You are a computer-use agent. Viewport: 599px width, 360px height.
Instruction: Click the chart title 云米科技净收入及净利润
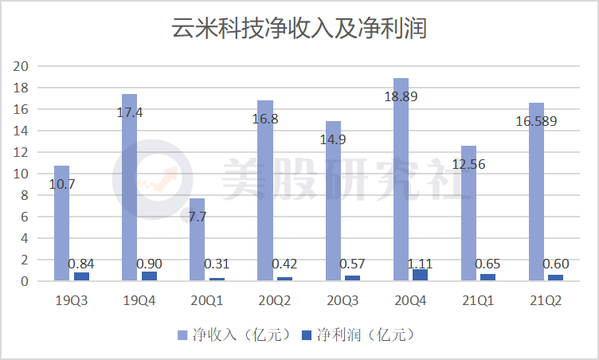tap(299, 29)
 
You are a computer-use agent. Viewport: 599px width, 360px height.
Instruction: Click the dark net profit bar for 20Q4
tap(420, 275)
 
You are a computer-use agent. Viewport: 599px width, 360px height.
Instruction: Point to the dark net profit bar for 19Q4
tap(149, 276)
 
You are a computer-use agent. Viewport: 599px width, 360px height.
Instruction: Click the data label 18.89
tap(401, 96)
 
